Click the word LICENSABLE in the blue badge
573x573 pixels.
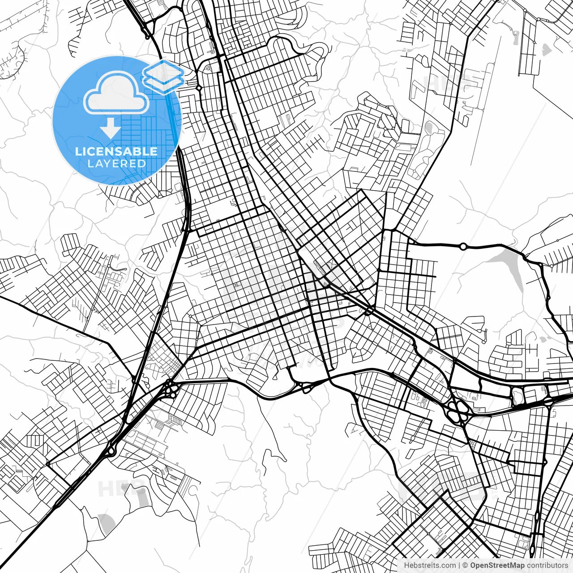(x=116, y=151)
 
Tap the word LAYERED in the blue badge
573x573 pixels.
(x=116, y=164)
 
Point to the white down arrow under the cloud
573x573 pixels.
(x=110, y=129)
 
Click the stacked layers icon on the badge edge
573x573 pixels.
(x=163, y=76)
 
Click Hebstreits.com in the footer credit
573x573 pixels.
(x=430, y=565)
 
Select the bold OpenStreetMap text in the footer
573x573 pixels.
(x=497, y=565)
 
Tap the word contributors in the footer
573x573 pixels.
(x=547, y=565)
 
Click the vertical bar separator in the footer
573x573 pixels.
(x=460, y=565)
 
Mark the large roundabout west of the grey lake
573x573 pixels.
(x=463, y=246)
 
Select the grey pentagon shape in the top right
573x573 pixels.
(x=546, y=50)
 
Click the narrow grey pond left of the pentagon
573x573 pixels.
(x=516, y=38)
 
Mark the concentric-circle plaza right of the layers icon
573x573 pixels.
(x=209, y=68)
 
